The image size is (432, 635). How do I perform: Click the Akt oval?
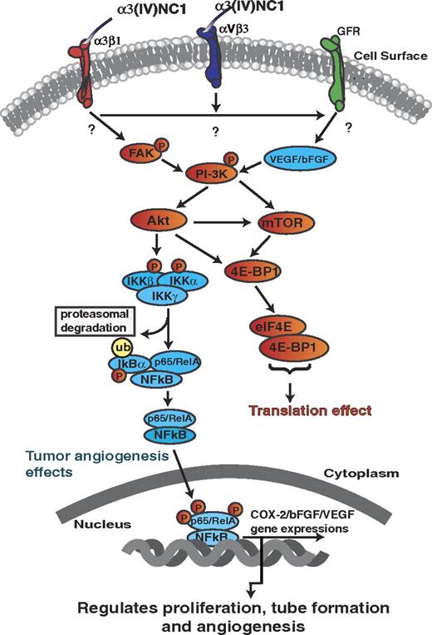[x=156, y=223]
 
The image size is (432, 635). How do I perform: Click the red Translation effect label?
[x=287, y=409]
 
